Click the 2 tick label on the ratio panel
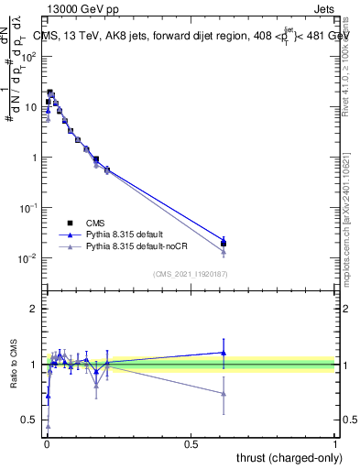[x=33, y=309]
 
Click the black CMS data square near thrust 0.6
[x=224, y=244]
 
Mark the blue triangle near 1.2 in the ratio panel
[x=224, y=352]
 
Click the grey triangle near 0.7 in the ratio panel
[x=224, y=394]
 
